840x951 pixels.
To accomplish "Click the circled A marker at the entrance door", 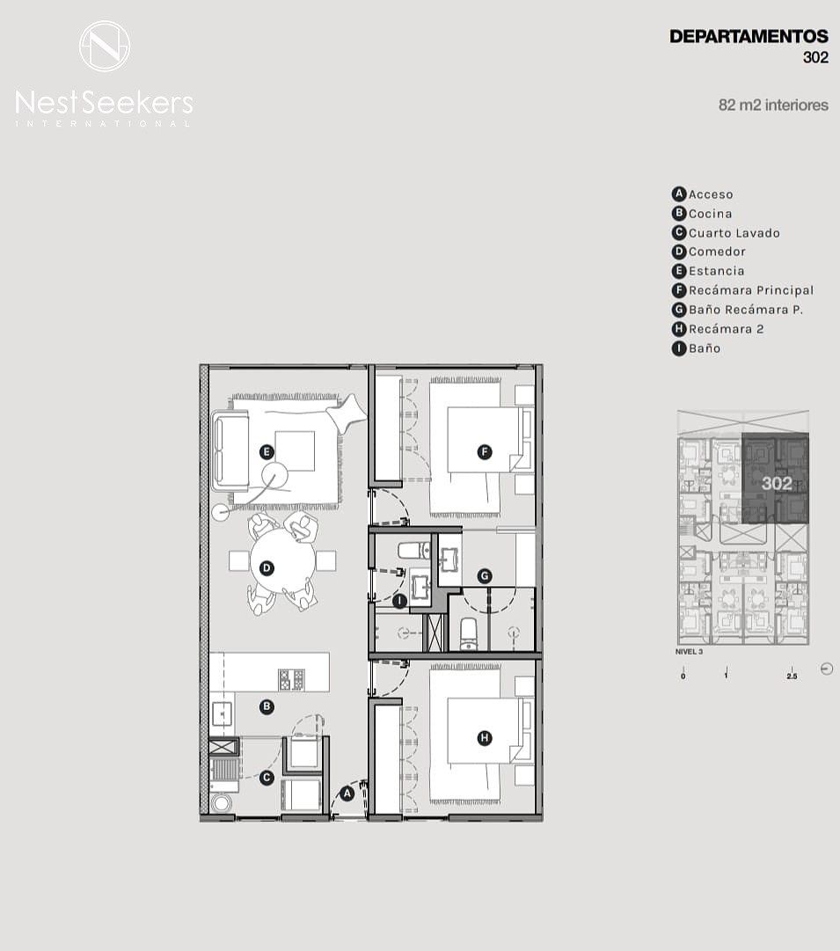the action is (x=347, y=794).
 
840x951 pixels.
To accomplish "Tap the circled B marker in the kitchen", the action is (x=267, y=706).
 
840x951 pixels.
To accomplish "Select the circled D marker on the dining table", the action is (x=267, y=568).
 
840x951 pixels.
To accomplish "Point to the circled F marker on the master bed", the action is (x=484, y=452).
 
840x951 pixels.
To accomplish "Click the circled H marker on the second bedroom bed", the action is (x=484, y=738).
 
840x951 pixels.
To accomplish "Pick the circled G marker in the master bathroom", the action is (x=484, y=575).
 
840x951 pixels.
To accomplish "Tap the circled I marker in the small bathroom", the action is (x=399, y=601).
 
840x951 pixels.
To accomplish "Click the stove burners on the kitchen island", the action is (x=291, y=679).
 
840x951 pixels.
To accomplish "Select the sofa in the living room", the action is (x=230, y=450).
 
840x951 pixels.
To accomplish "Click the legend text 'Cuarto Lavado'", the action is (x=734, y=233).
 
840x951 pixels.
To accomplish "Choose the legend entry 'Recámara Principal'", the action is (x=751, y=290).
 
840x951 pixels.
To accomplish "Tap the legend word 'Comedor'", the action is (x=717, y=252).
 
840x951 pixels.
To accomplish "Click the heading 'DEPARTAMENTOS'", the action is (x=749, y=36).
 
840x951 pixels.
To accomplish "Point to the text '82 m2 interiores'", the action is (x=773, y=105).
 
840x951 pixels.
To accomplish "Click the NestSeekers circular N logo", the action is (x=105, y=46).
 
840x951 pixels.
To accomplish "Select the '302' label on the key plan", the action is (x=777, y=483).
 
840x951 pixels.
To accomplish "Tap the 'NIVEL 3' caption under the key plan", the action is (x=689, y=652).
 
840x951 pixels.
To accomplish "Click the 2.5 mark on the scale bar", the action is (x=792, y=677).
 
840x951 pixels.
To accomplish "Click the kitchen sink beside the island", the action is (x=222, y=713).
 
